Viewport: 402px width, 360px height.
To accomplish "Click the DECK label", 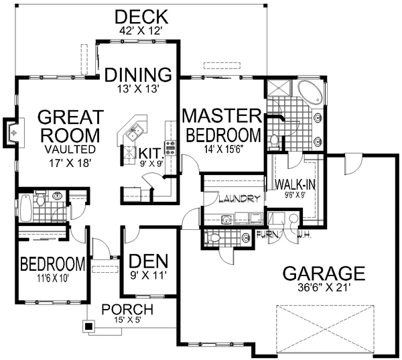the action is coord(141,17).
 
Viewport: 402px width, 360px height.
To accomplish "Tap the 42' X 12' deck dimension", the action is coord(141,31).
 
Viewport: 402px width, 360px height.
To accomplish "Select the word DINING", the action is coord(138,74).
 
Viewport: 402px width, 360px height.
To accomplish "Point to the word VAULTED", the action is coord(70,149).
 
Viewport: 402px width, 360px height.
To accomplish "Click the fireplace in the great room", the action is coord(11,133).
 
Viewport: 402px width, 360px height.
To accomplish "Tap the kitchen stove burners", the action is coord(170,148).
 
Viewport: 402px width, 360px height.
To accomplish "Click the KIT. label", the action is coord(151,154).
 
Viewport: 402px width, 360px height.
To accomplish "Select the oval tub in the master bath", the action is coord(310,92).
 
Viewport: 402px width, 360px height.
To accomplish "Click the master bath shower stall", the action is coord(279,88).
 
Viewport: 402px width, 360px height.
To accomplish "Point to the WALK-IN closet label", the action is coord(295,184).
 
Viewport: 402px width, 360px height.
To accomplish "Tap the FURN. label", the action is coord(268,234).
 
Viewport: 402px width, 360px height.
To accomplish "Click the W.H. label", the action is coord(304,235).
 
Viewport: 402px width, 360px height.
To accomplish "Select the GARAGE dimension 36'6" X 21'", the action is coord(324,288).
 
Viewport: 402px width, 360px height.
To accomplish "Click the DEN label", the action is coord(149,262).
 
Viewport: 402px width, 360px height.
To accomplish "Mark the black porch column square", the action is coord(88,326).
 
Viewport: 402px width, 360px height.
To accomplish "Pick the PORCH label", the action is coord(127,310).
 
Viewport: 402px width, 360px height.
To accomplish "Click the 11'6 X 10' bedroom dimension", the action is coord(53,278).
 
